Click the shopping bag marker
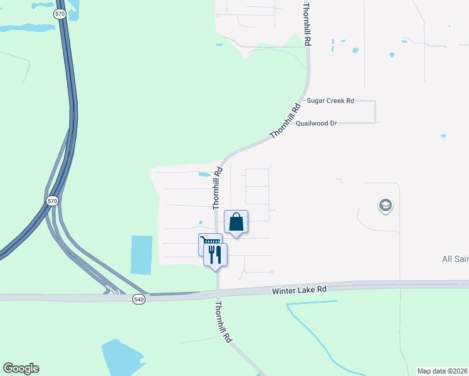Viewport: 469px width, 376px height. [236, 222]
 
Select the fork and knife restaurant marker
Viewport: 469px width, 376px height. [215, 254]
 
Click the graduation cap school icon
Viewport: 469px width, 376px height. [385, 206]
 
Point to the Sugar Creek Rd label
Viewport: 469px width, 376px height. [330, 100]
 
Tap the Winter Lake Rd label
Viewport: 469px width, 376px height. [300, 290]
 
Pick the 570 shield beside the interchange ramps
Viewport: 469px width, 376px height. [52, 201]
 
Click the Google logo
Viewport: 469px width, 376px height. [21, 368]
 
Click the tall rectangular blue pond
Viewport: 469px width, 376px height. [142, 254]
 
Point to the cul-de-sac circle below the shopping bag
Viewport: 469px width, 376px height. [272, 272]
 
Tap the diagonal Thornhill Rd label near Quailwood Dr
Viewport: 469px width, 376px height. [282, 121]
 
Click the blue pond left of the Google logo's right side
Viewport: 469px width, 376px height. [122, 357]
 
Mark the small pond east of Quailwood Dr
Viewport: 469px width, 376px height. [443, 135]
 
